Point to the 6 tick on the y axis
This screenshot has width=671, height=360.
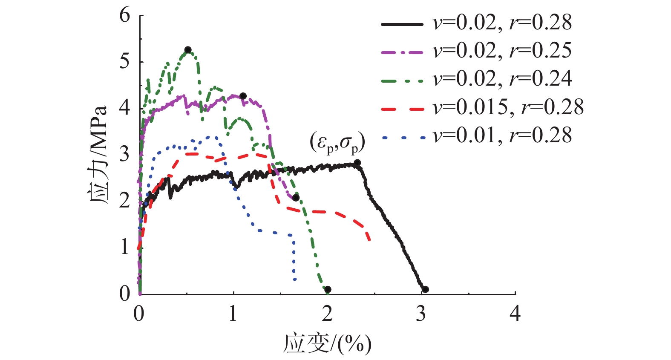[125, 16]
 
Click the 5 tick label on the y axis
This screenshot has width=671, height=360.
[125, 62]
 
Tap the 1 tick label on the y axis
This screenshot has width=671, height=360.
[125, 247]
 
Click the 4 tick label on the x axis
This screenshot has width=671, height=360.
[515, 314]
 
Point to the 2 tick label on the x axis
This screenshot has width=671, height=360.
[327, 314]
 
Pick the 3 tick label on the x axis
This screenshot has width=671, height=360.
[421, 314]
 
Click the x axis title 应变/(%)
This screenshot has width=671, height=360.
[327, 343]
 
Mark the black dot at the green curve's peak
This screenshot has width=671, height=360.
[188, 50]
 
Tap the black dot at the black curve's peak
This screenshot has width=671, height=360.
[357, 163]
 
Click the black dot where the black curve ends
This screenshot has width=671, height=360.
[425, 290]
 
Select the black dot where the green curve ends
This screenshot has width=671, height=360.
[328, 290]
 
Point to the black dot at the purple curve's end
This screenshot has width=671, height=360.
[296, 198]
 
